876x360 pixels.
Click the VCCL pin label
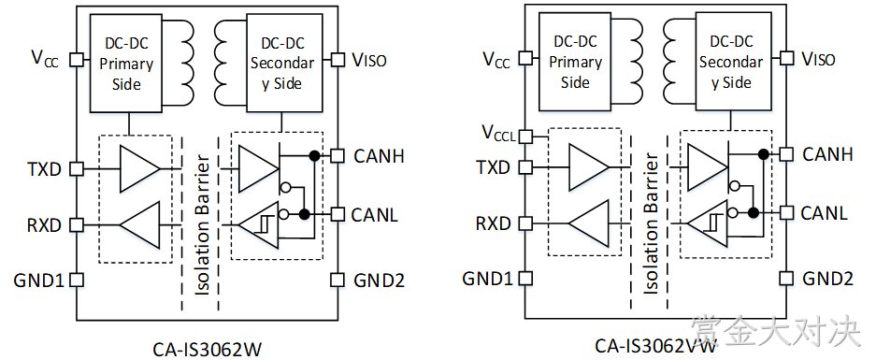pos(499,135)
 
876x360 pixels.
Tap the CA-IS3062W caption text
pos(207,350)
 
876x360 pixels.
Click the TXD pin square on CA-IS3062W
pos(77,167)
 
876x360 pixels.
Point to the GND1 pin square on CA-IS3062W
pos(77,279)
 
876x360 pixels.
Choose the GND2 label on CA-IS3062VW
pos(828,279)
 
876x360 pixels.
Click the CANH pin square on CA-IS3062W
pos(337,155)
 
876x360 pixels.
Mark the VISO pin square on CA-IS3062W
pos(337,59)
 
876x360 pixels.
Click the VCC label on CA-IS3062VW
pos(496,59)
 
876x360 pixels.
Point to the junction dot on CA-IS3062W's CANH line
pos(314,155)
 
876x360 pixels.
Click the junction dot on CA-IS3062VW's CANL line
pos(754,212)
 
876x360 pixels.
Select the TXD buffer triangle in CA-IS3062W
pos(139,168)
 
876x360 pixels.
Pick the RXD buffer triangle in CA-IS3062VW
pos(588,223)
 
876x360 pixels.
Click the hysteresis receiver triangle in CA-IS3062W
pos(258,225)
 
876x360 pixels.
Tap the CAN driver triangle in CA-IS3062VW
pos(708,167)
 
